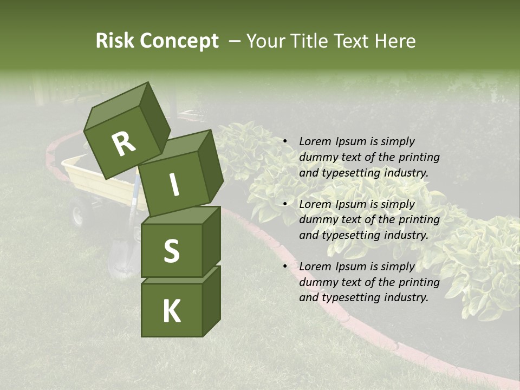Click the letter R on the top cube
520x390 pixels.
tap(124, 145)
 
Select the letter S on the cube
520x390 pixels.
tap(171, 251)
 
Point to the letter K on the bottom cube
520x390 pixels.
tap(171, 311)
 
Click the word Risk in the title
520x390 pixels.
tap(114, 41)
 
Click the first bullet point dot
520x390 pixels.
tap(285, 141)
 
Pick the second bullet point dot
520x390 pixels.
tap(285, 204)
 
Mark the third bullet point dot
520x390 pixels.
tap(285, 266)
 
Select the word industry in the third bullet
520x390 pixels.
tap(406, 297)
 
